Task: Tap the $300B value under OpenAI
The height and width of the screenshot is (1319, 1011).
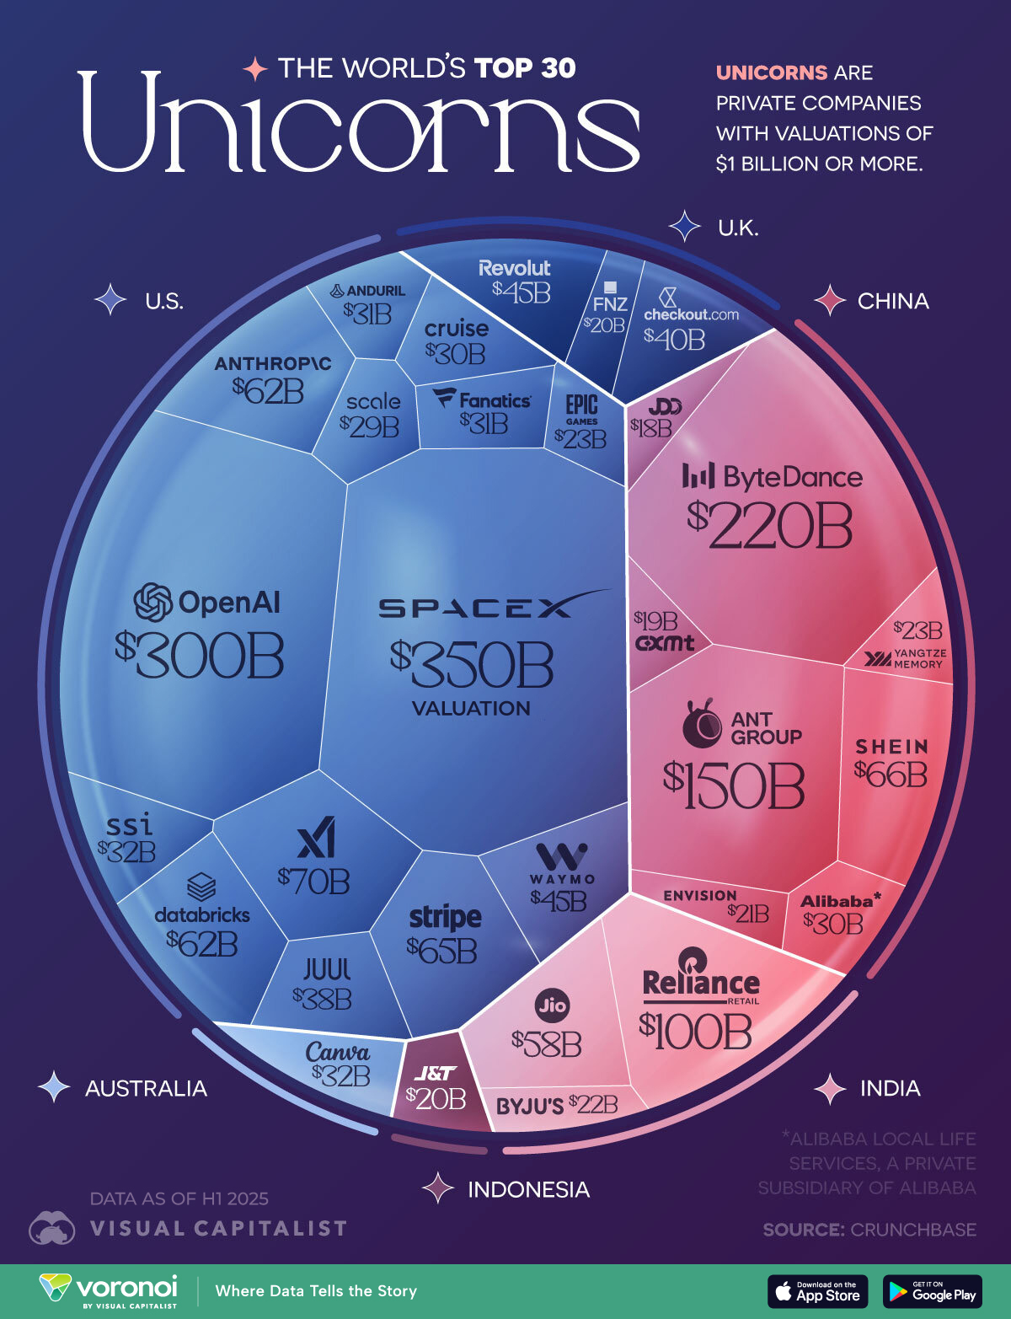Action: click(x=200, y=657)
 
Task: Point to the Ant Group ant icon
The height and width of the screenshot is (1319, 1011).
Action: click(x=701, y=723)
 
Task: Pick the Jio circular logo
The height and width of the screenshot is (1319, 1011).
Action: click(x=552, y=1005)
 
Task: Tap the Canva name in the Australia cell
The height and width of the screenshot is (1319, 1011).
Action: click(x=337, y=1052)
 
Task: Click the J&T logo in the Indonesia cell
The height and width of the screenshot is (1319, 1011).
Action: click(x=435, y=1073)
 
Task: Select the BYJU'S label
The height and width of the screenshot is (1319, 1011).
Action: click(x=529, y=1106)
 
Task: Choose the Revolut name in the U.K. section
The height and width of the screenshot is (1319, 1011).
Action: click(x=514, y=268)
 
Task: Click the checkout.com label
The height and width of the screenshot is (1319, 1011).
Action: click(x=691, y=314)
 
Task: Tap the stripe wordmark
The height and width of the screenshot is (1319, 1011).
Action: click(x=445, y=916)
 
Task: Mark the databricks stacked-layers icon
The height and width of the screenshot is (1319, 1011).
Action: click(x=201, y=887)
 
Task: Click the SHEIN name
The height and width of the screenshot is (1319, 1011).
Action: click(x=891, y=747)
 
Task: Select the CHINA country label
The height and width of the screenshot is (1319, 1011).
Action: click(x=893, y=301)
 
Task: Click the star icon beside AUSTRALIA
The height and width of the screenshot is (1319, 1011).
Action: click(x=55, y=1087)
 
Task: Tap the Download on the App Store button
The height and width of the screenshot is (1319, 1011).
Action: click(x=818, y=1291)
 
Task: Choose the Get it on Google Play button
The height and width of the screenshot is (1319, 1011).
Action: click(x=933, y=1291)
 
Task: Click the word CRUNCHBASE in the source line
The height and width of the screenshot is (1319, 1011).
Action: click(x=913, y=1230)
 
